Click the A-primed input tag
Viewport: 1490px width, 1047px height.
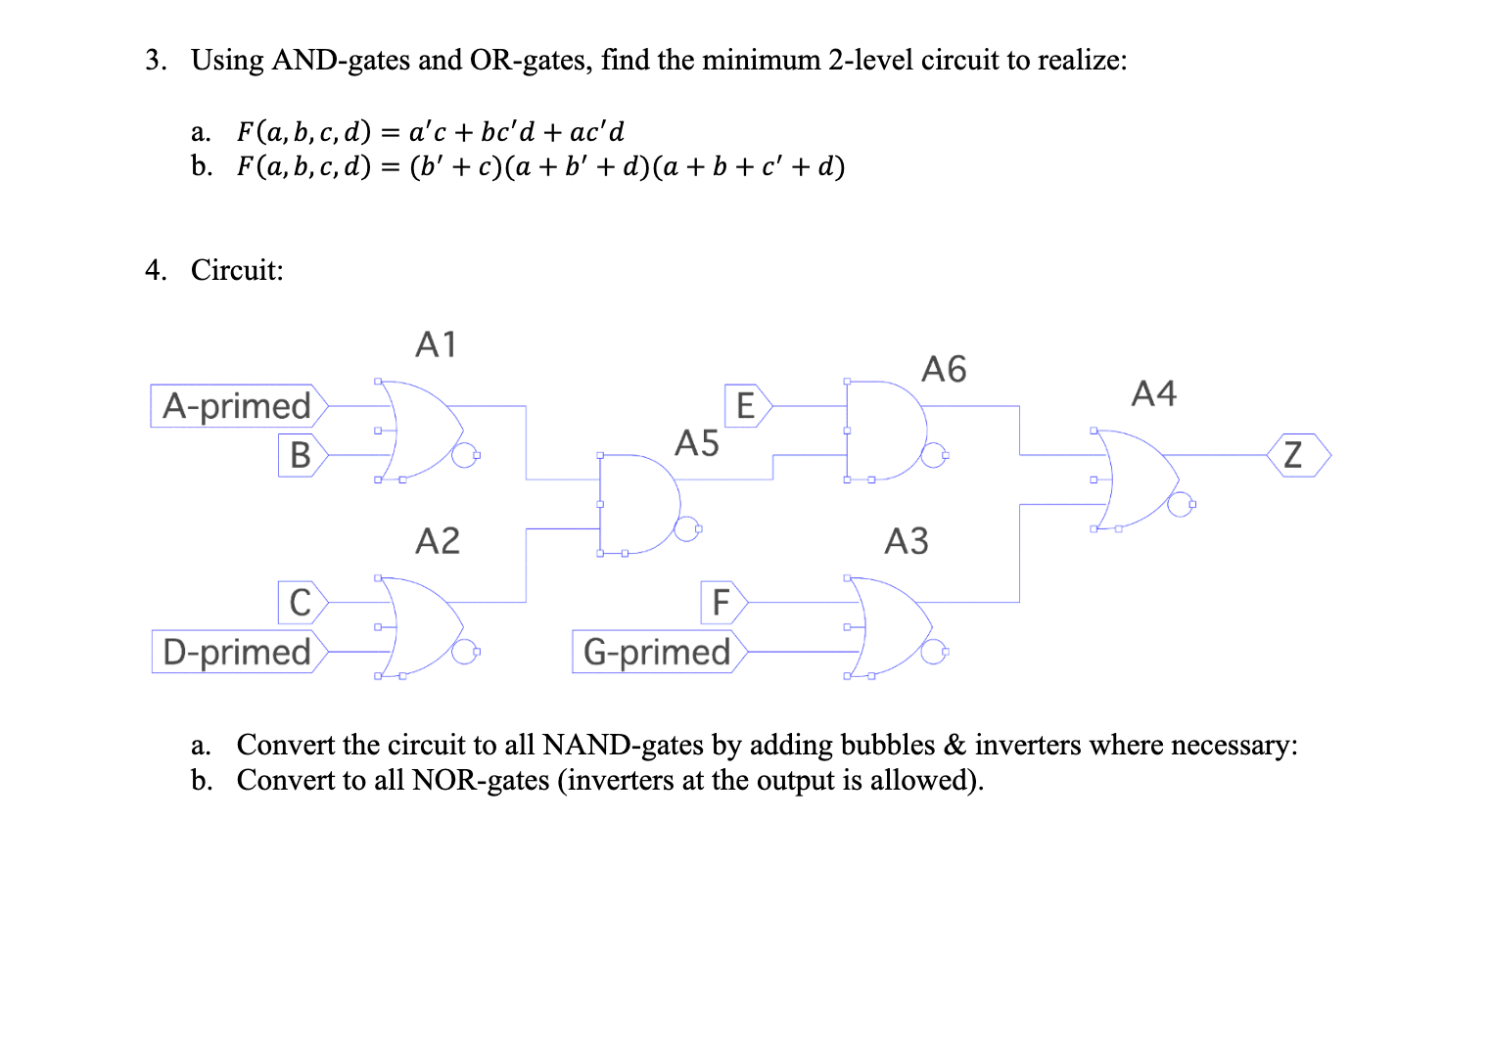click(238, 406)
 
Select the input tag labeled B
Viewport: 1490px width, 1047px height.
click(302, 455)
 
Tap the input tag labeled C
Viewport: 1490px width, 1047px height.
click(302, 602)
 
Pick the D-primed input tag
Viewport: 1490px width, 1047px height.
click(238, 652)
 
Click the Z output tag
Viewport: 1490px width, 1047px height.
click(1294, 455)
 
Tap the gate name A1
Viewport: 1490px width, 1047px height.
click(437, 344)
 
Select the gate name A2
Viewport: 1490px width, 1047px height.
click(437, 540)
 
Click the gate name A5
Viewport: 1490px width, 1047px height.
click(697, 443)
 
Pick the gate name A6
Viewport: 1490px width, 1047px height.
click(944, 369)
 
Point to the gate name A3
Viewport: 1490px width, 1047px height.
click(907, 540)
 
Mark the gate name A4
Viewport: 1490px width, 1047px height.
click(1154, 393)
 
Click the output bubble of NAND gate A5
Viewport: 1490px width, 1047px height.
click(690, 529)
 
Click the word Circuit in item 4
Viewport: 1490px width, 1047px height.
click(236, 270)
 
